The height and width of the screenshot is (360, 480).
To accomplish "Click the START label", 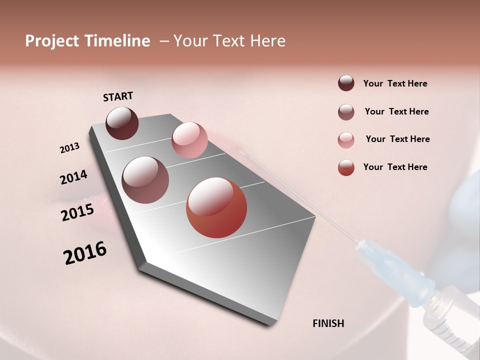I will click(118, 96).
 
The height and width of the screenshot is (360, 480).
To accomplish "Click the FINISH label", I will click(328, 323).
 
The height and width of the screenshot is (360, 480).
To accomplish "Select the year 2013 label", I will click(69, 148).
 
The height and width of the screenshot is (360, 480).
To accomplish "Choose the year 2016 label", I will click(85, 253).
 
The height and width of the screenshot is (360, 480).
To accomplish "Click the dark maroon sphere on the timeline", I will click(122, 123).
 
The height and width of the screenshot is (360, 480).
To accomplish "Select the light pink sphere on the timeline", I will click(189, 139).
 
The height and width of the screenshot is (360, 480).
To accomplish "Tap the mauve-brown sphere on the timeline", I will click(145, 179).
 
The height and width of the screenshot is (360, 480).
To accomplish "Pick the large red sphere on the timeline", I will click(216, 207).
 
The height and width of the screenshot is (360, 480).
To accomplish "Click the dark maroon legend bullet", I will click(346, 83).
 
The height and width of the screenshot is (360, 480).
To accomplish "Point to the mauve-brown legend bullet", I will click(346, 112).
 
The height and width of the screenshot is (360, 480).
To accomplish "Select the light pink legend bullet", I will click(346, 140).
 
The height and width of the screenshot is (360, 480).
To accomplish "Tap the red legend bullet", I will click(346, 167).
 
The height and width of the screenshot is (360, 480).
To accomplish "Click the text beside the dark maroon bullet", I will click(395, 84).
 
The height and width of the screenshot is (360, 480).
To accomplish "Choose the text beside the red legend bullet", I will click(395, 167).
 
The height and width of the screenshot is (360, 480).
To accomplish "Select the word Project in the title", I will click(51, 41).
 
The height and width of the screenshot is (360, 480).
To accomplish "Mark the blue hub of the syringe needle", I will click(395, 270).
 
